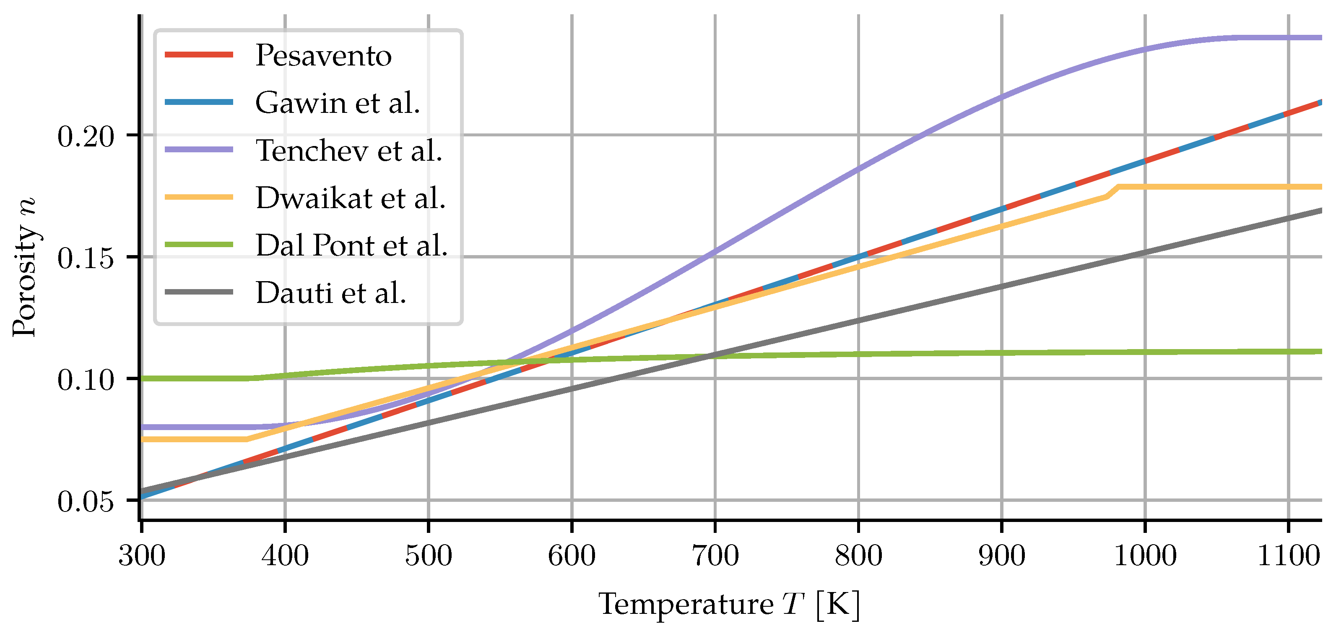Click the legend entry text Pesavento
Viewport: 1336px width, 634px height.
(x=323, y=55)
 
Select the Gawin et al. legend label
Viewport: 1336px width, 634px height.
(x=337, y=103)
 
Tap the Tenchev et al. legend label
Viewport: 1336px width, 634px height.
(x=348, y=151)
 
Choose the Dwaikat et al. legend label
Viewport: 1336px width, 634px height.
(x=351, y=198)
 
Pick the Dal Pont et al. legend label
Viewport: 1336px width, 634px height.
(x=351, y=245)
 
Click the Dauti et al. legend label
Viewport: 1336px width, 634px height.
(x=330, y=293)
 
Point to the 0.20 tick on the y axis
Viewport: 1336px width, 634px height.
(x=85, y=137)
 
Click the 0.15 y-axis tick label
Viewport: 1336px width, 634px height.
(x=85, y=258)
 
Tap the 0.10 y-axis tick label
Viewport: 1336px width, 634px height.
(x=85, y=380)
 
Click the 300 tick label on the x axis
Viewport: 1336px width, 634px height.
(x=142, y=556)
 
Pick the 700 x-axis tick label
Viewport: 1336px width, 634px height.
(x=715, y=556)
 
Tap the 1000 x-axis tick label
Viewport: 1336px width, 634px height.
(x=1145, y=556)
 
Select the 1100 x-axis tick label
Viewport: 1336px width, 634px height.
(x=1288, y=556)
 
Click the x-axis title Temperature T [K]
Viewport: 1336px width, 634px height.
(x=729, y=605)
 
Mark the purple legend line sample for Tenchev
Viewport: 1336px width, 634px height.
(x=199, y=150)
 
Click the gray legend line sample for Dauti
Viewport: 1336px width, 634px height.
(x=199, y=292)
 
